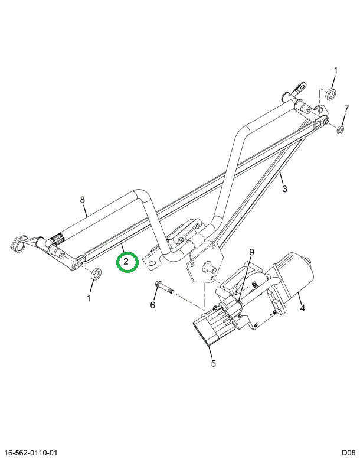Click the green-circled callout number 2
coord(126,262)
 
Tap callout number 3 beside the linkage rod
coord(284,189)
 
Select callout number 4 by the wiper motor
coord(302,308)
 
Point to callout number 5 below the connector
coord(213,363)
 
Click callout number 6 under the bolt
coord(153,305)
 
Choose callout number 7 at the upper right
coord(346,109)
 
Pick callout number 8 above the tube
coord(83,200)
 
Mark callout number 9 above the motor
coord(251,252)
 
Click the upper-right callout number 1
coord(336,70)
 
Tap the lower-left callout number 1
coord(89,298)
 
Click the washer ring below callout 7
coord(340,129)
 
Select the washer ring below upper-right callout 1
coord(331,94)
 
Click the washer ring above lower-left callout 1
coord(96,274)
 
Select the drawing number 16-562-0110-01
coord(29,453)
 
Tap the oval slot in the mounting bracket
coord(152,264)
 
